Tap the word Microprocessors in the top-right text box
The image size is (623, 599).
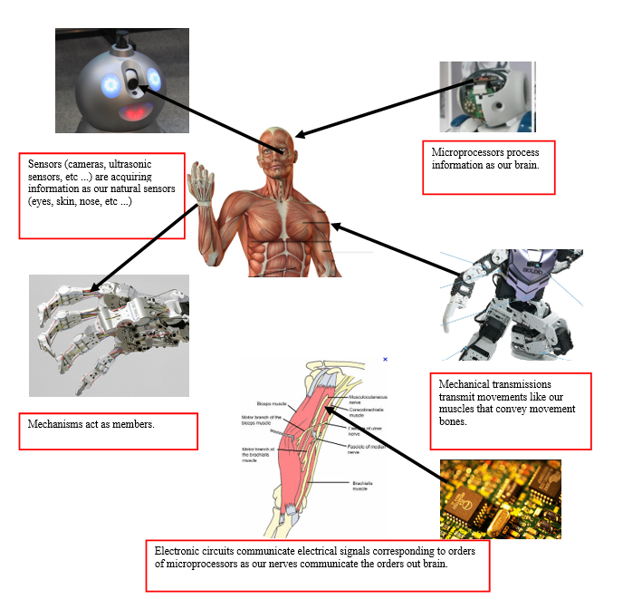[463, 152]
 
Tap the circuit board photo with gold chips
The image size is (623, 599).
[500, 498]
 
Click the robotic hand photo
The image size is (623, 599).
[109, 335]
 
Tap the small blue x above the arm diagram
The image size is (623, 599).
[385, 360]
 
